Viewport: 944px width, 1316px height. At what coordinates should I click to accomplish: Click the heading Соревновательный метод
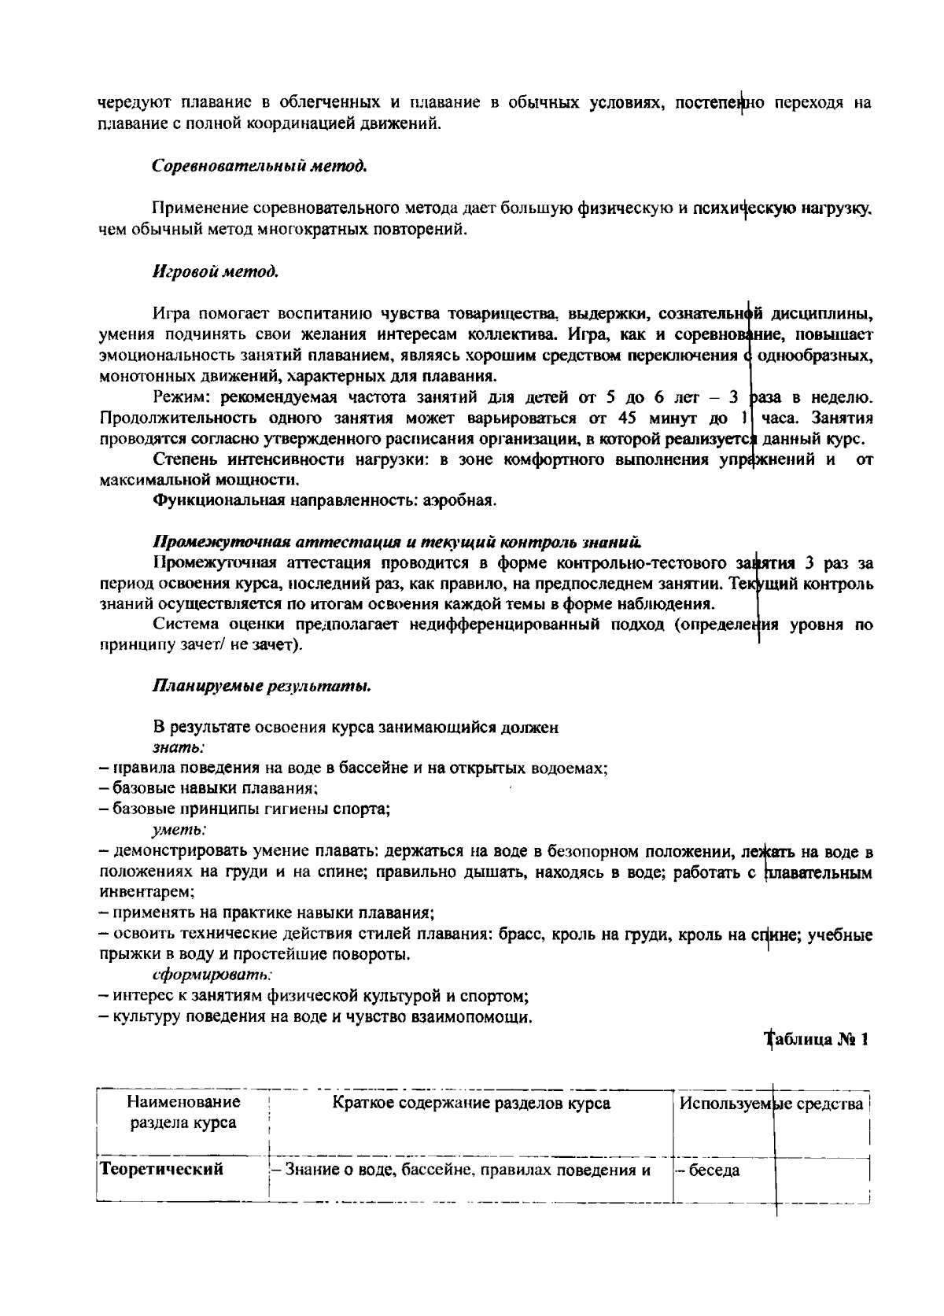point(260,167)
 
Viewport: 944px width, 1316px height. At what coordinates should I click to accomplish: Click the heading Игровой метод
point(216,271)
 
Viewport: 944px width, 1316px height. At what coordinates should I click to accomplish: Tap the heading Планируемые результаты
point(261,686)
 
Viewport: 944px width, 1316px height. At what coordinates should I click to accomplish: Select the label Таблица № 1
point(818,1039)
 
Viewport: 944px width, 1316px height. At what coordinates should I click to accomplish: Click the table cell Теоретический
point(160,1169)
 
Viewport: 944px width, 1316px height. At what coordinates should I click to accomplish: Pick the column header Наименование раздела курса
point(183,1112)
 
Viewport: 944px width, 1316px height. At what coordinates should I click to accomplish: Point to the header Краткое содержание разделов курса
point(471,1103)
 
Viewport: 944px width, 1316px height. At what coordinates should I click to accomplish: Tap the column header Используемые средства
point(771,1103)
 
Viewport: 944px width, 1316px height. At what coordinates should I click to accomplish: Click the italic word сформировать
point(201,975)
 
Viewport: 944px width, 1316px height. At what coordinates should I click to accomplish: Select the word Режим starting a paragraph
point(183,397)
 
